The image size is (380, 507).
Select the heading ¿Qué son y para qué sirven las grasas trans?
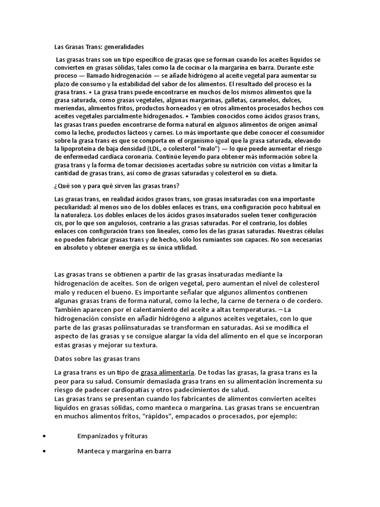[x=117, y=186]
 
